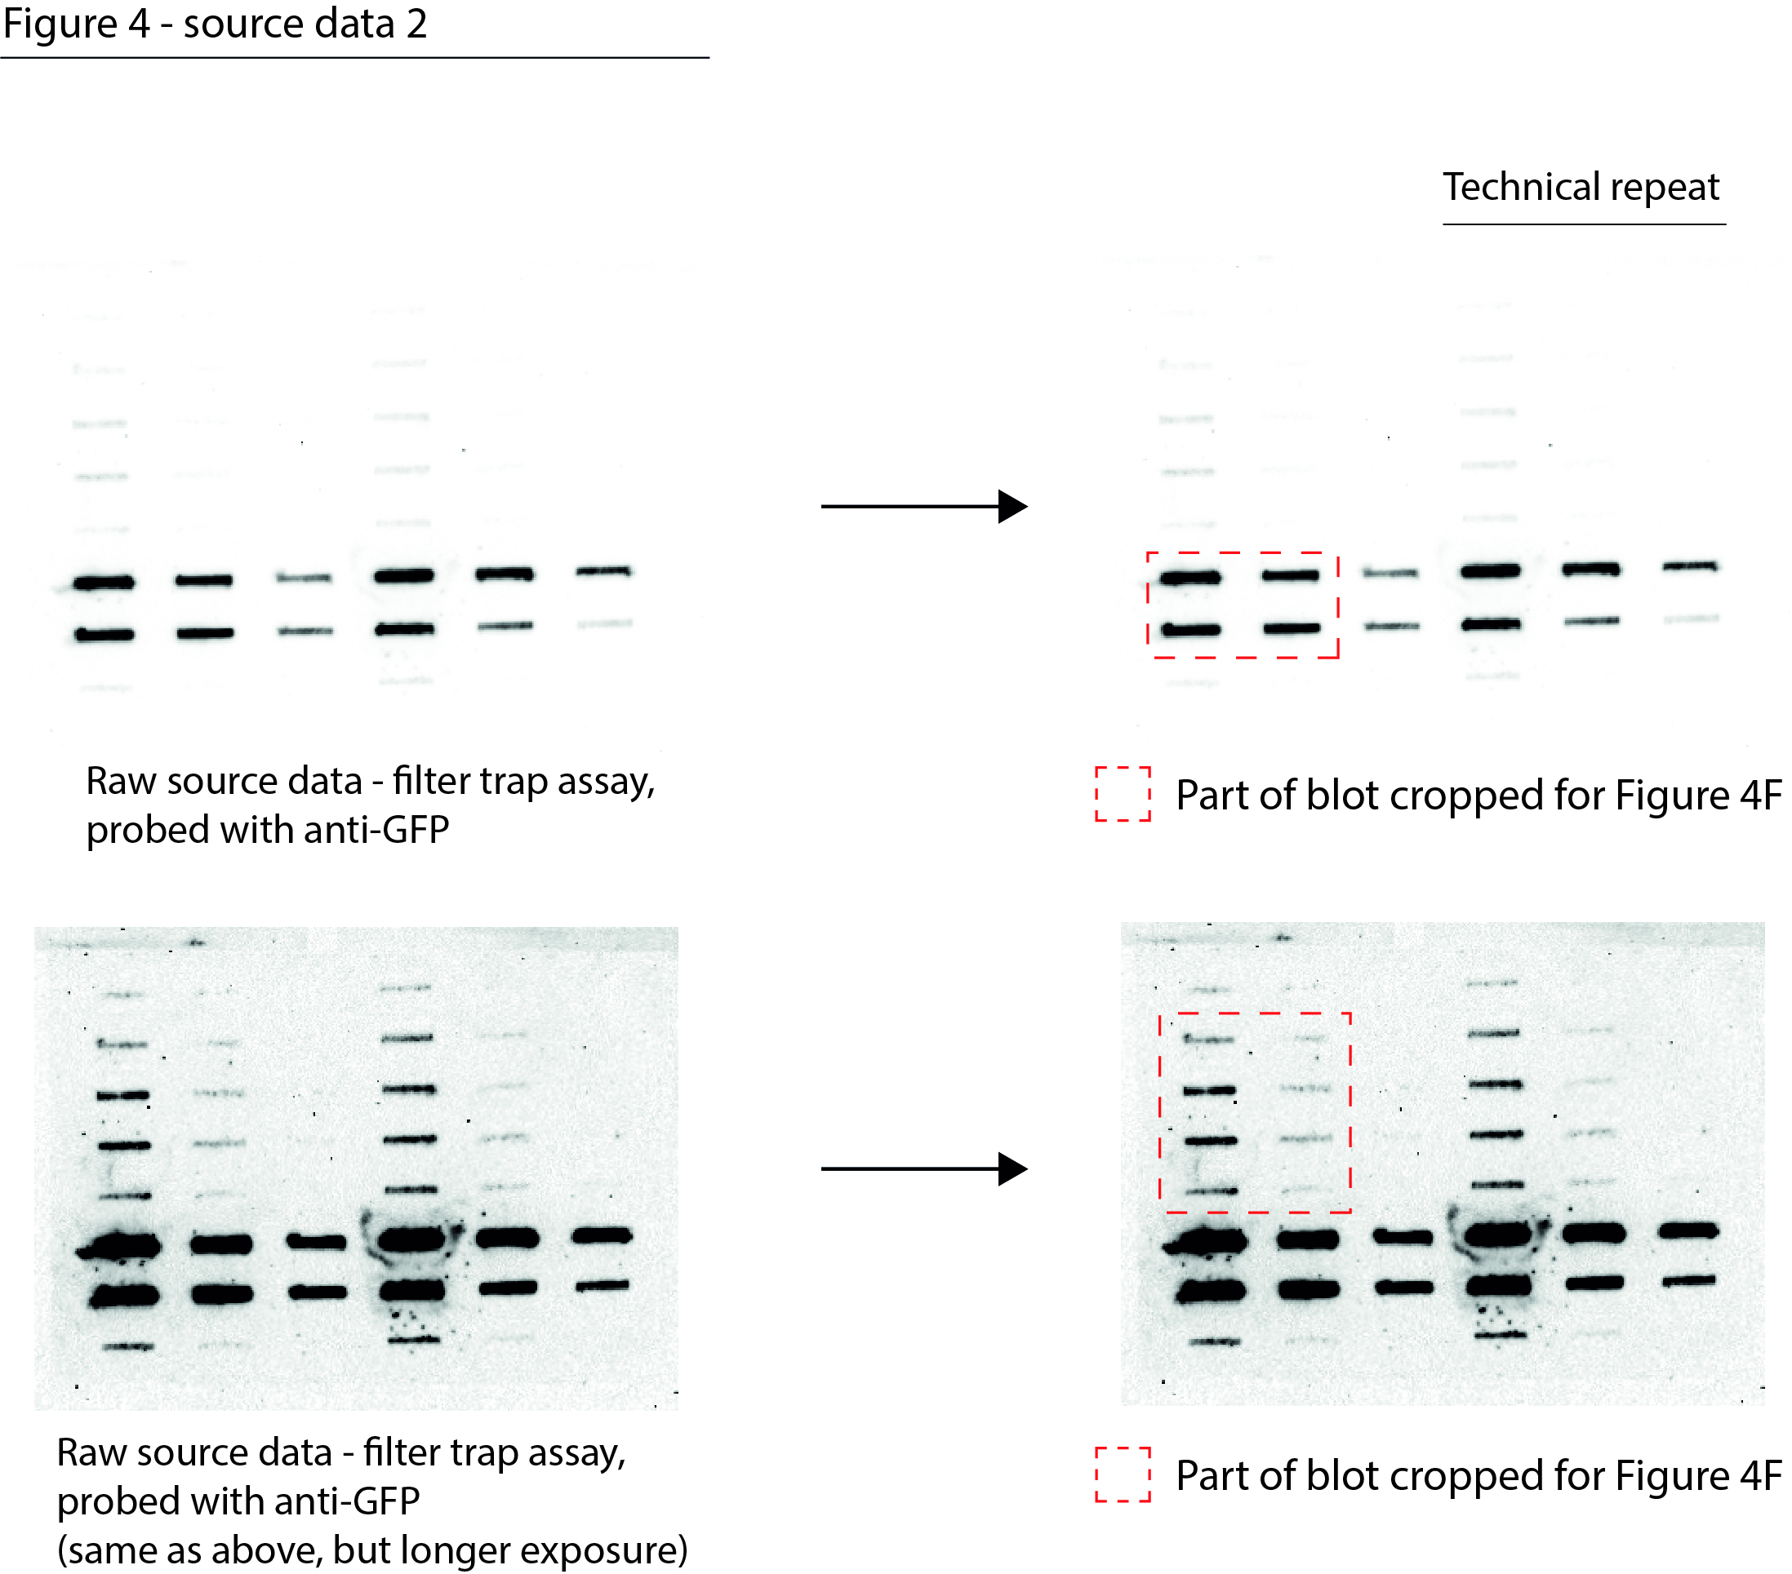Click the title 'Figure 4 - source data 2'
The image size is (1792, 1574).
(215, 24)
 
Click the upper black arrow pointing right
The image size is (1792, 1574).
(924, 507)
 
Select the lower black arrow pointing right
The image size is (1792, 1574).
(924, 1169)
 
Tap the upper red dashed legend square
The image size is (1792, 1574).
(1123, 794)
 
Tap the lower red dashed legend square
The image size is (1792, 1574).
(1123, 1475)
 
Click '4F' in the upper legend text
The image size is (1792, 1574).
(1760, 796)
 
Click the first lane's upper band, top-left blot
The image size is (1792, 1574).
(104, 583)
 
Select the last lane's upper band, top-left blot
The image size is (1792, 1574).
(603, 571)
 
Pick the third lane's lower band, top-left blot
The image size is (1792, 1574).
(305, 631)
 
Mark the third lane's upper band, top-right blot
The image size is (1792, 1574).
(1390, 573)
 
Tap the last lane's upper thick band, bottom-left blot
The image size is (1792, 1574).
(603, 1235)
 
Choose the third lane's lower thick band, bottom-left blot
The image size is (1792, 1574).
(318, 1292)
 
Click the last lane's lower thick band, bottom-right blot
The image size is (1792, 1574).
(1689, 1281)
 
